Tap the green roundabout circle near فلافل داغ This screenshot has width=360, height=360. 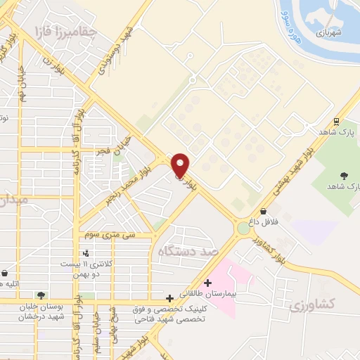244,228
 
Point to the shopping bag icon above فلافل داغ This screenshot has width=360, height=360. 263,210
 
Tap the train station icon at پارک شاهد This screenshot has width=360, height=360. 337,121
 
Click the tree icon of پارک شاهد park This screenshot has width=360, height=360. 344,174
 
